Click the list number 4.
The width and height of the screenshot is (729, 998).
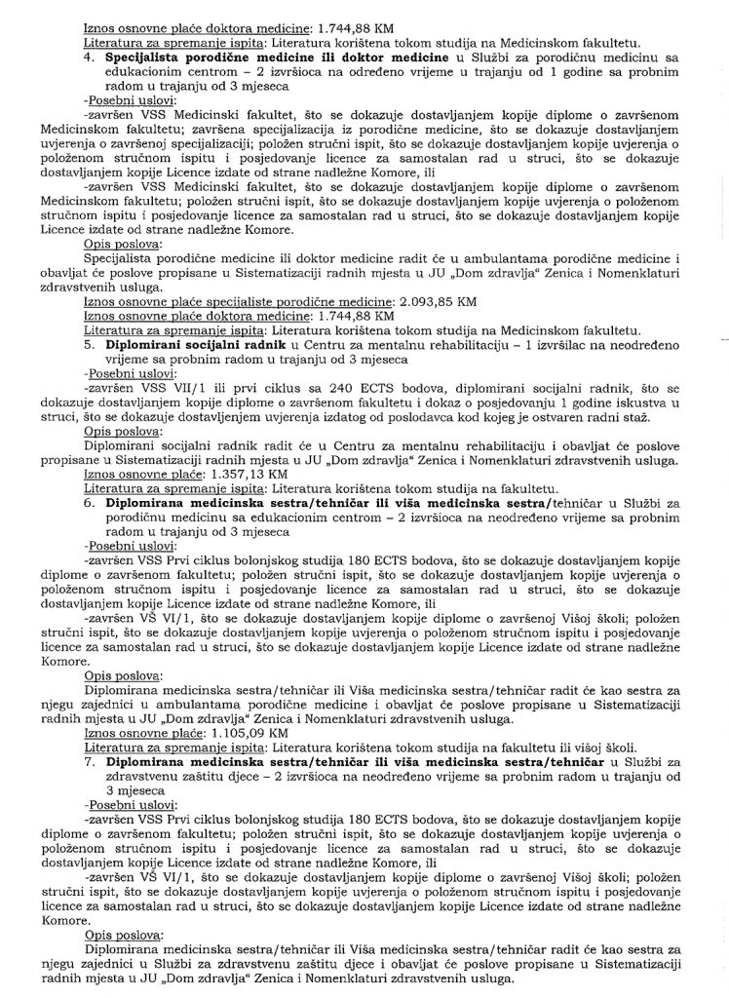pyautogui.click(x=88, y=57)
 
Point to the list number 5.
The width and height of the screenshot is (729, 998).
pyautogui.click(x=88, y=344)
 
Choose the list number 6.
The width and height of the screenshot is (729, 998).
pyautogui.click(x=88, y=500)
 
